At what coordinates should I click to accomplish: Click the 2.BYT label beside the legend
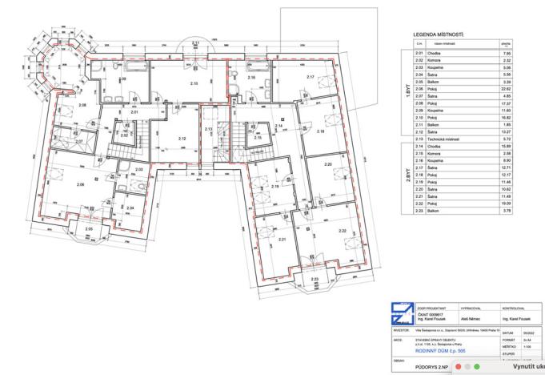click(x=407, y=176)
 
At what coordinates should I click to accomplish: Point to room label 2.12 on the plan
click(x=182, y=139)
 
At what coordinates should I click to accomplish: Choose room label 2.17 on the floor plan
click(x=310, y=77)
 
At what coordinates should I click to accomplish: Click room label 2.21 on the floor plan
click(x=282, y=240)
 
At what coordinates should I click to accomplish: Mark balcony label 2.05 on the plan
click(x=89, y=230)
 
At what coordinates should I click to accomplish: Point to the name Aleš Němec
click(x=471, y=317)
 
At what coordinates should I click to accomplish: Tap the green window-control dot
click(x=477, y=367)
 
